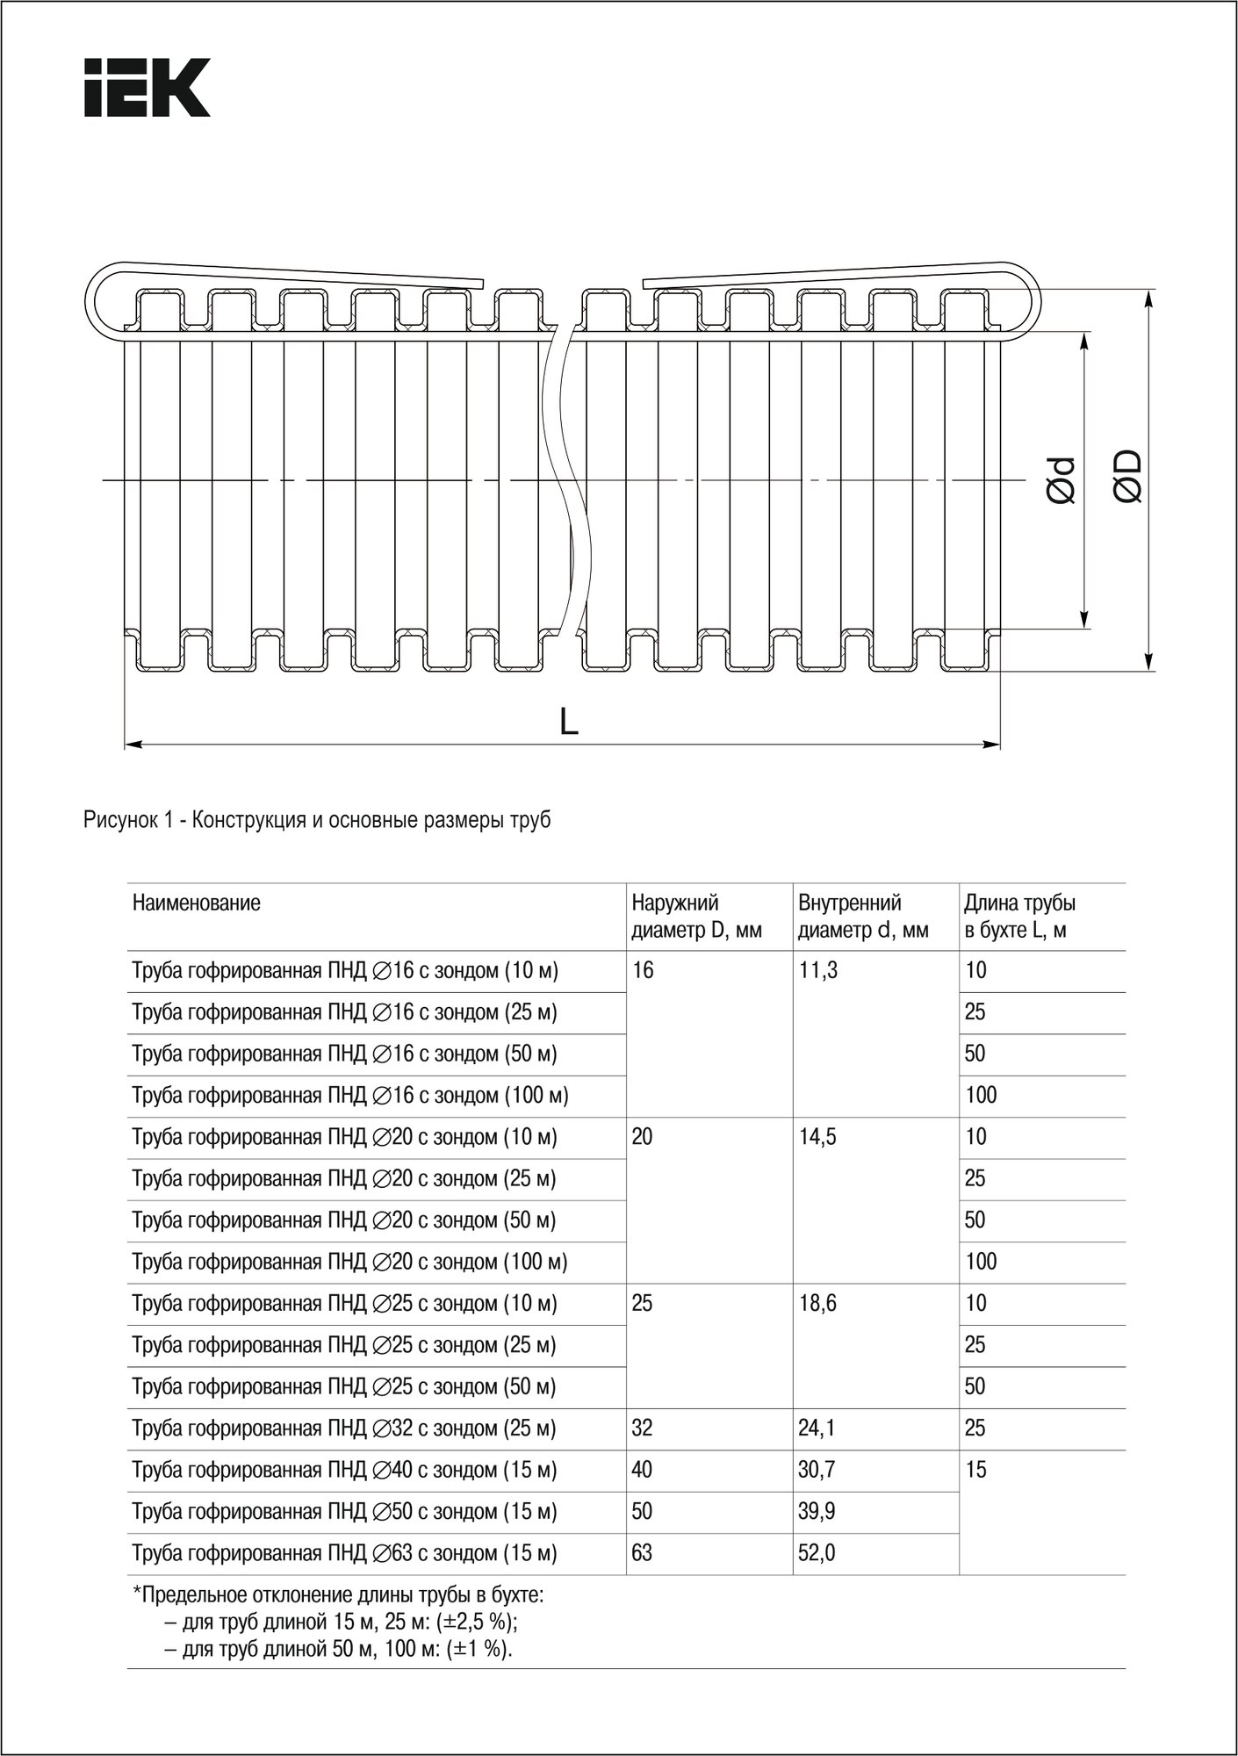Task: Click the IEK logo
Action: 147,88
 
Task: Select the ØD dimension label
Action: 1127,476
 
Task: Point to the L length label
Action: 569,721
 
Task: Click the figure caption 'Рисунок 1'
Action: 317,821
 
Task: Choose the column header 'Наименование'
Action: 197,903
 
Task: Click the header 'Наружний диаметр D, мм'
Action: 696,917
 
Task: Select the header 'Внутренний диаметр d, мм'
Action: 863,917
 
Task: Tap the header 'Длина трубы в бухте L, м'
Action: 1019,917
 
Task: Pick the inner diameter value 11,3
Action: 817,971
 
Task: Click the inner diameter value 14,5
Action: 817,1137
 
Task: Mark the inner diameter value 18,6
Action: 817,1304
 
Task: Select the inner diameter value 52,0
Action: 817,1553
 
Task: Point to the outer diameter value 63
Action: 642,1553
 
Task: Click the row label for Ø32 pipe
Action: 344,1429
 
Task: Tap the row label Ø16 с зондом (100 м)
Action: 350,1096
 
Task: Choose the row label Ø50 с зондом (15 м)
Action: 344,1512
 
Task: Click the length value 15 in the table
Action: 975,1470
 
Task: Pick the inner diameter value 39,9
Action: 817,1512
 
